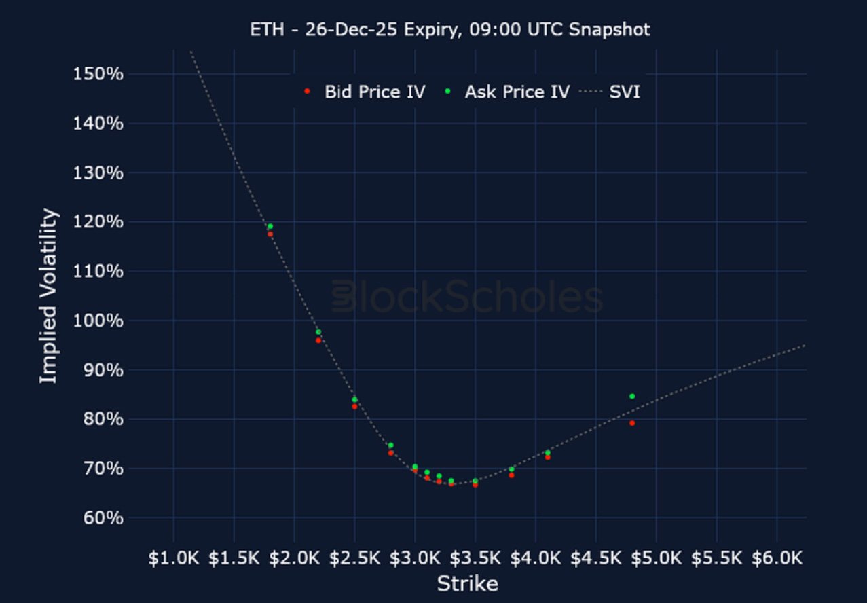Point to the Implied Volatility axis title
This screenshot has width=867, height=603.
(x=48, y=296)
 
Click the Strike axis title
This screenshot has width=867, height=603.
(x=467, y=583)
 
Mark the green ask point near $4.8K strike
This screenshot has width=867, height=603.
(x=632, y=396)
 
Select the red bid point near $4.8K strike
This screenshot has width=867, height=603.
(x=632, y=423)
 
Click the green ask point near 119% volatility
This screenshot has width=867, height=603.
(x=270, y=226)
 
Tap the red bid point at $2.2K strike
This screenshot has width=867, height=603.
(x=318, y=340)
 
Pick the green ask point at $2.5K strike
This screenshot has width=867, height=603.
(x=354, y=399)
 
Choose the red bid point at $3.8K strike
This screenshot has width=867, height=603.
(x=511, y=475)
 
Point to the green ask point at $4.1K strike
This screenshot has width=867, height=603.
(x=547, y=452)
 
